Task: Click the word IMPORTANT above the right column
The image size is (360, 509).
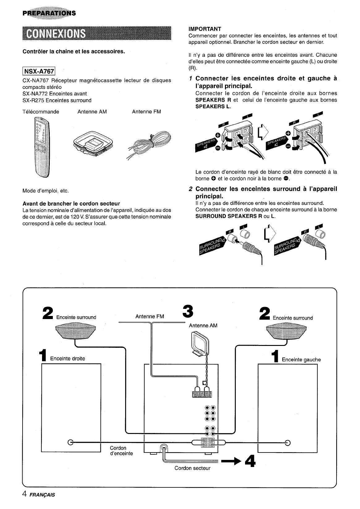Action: pos(205,29)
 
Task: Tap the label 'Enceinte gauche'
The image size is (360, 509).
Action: pos(301,360)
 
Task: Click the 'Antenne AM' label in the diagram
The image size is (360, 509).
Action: pos(203,326)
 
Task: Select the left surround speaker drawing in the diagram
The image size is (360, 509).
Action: pos(76,331)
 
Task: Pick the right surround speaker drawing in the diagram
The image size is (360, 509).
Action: pos(286,332)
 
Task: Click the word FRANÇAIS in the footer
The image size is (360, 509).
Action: pos(42,495)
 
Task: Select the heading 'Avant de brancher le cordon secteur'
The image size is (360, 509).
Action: pos(71,204)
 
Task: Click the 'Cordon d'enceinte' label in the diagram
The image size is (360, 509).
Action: pos(121,451)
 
